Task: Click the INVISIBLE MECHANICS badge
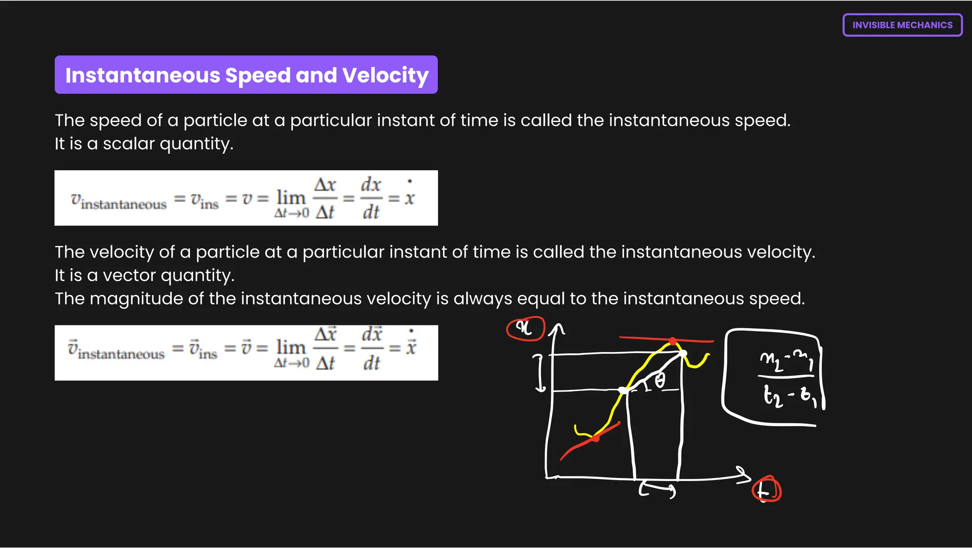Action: click(x=902, y=25)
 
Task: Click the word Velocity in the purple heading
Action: click(x=385, y=75)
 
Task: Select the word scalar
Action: click(x=129, y=144)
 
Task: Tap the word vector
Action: click(x=129, y=275)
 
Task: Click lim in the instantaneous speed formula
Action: click(x=291, y=197)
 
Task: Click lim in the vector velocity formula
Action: click(x=291, y=347)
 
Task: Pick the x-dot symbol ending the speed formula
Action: click(x=410, y=195)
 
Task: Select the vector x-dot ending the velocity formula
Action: click(x=411, y=345)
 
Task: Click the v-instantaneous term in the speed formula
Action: click(x=119, y=201)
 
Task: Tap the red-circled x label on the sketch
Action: click(x=525, y=328)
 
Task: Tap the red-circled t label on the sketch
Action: click(x=766, y=490)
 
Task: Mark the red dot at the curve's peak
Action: click(x=673, y=341)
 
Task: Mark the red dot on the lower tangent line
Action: click(x=596, y=438)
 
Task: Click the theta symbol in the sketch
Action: click(x=660, y=381)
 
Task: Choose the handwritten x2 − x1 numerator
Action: click(x=786, y=362)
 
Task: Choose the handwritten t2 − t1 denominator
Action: click(x=790, y=396)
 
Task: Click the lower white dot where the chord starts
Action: click(x=623, y=390)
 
